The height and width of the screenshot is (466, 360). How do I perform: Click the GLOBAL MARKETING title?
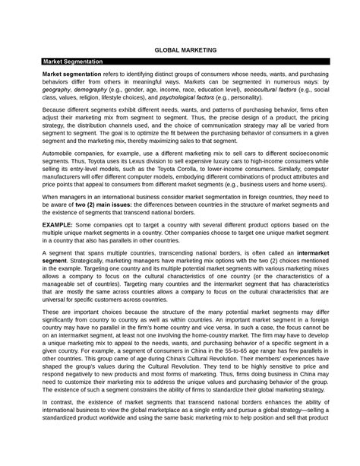[179, 48]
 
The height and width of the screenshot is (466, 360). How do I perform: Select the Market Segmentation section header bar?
[179, 59]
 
